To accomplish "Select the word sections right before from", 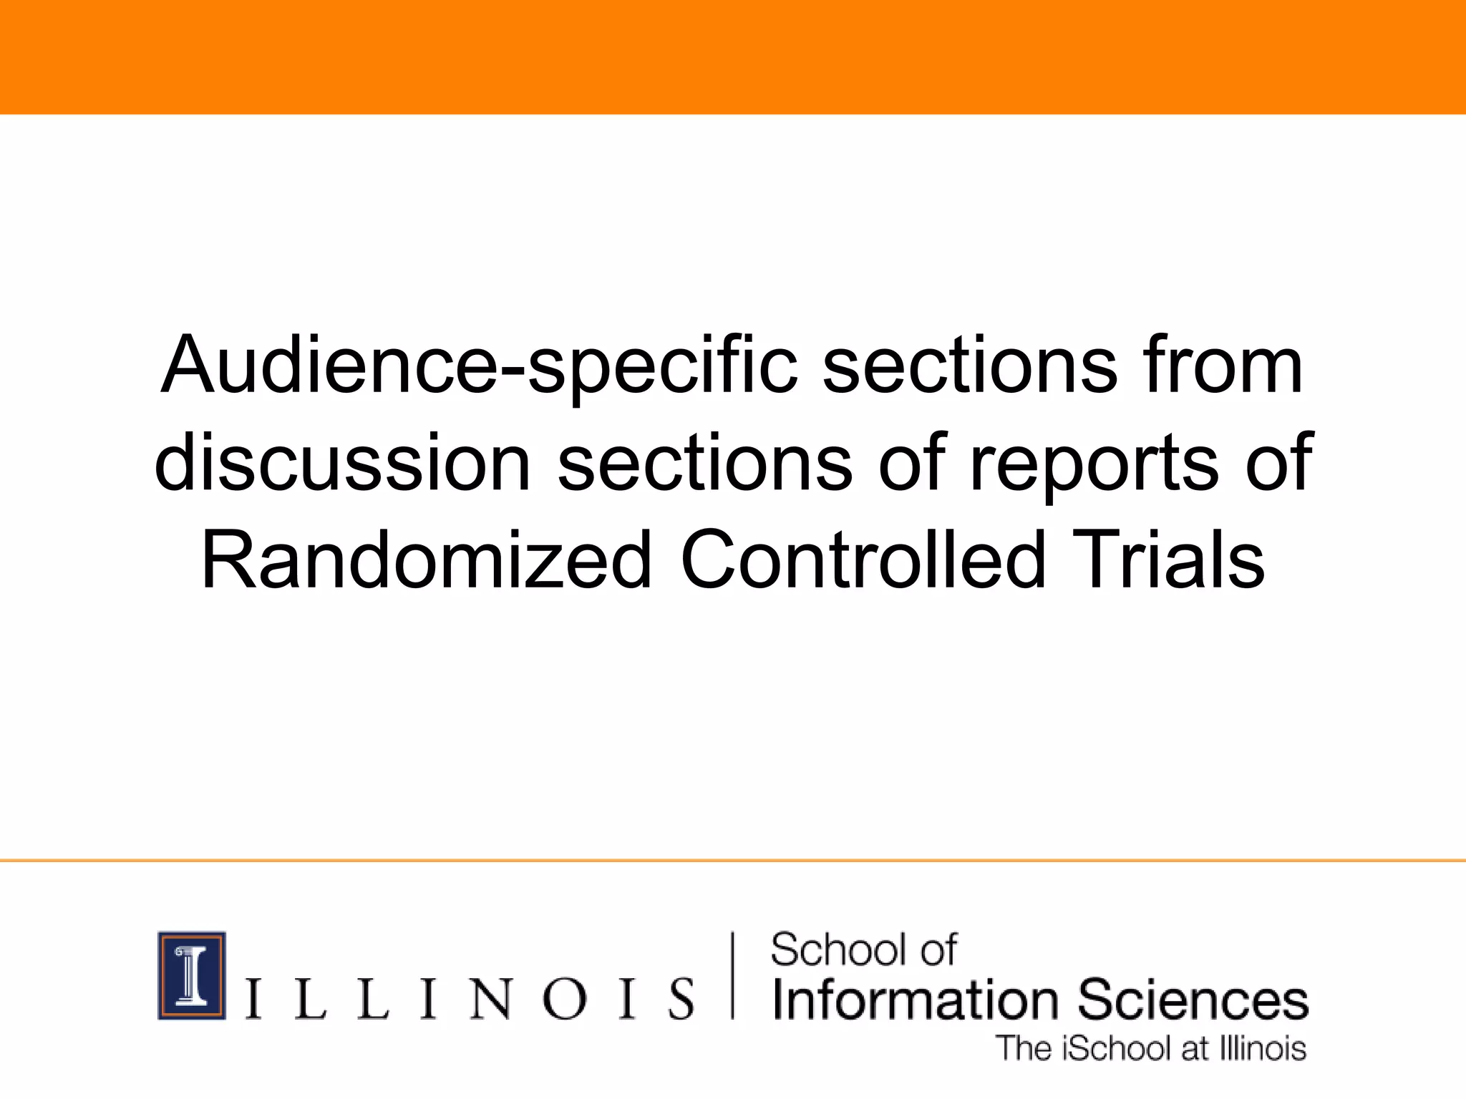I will click(970, 366).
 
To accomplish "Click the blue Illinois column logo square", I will click(192, 975).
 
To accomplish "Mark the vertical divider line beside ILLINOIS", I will click(732, 975).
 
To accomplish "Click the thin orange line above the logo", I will click(733, 861).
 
